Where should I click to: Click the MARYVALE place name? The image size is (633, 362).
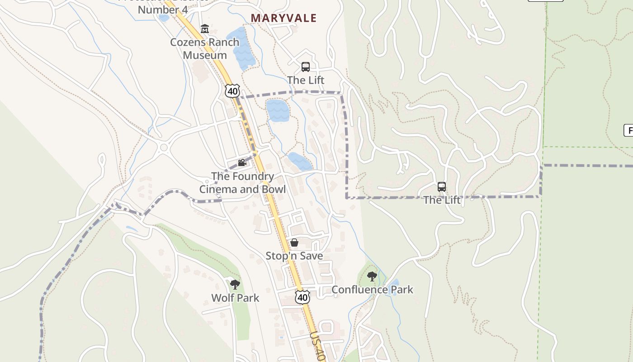point(283,18)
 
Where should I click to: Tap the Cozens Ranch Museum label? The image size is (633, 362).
point(205,48)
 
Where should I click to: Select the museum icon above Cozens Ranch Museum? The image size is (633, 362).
point(205,29)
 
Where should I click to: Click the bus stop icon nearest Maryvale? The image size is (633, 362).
point(306,67)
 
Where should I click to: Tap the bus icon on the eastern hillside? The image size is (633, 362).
point(442,186)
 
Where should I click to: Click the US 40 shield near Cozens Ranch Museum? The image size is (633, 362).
point(232,90)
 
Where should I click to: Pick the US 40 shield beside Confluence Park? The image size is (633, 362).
point(302,297)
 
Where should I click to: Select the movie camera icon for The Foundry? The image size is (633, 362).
point(242,163)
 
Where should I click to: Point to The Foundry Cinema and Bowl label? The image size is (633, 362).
point(243,183)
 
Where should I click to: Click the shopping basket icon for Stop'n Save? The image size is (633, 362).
point(294,243)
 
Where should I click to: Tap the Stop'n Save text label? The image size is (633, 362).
point(294,256)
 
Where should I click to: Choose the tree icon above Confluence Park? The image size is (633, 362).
point(372,276)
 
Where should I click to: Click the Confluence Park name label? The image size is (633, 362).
point(372,290)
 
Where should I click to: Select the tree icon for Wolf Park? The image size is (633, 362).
point(235,285)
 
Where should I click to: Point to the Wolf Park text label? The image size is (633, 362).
point(235,298)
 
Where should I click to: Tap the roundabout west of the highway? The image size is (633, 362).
point(164,147)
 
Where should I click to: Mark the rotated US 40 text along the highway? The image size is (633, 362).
point(317,346)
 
